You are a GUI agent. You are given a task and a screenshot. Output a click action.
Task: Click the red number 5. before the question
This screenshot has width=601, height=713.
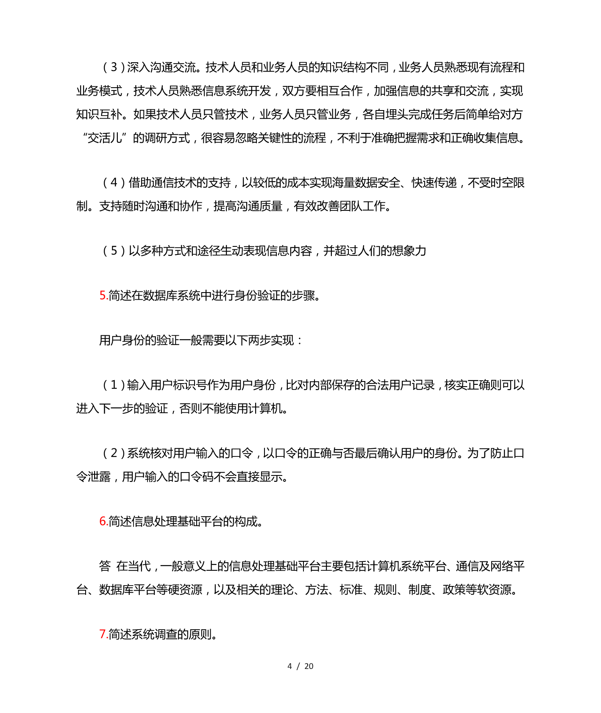click(103, 296)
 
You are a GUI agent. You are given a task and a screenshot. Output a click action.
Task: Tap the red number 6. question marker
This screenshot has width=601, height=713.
click(103, 521)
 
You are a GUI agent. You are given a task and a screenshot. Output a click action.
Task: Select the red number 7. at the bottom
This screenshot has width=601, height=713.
click(103, 634)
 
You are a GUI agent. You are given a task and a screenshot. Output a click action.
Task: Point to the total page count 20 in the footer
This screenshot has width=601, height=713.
click(309, 666)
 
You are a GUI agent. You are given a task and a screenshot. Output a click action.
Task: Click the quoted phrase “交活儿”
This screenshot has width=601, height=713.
click(105, 138)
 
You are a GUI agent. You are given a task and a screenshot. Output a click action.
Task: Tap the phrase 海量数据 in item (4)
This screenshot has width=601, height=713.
click(355, 183)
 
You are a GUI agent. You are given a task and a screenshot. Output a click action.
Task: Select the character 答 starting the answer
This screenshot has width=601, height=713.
click(105, 566)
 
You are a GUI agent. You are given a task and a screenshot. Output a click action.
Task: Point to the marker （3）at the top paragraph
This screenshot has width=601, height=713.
click(114, 68)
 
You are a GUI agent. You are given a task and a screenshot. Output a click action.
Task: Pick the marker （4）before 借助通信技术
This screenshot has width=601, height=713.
click(114, 183)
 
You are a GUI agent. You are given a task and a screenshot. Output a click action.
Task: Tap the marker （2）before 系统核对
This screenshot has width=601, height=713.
click(114, 453)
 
